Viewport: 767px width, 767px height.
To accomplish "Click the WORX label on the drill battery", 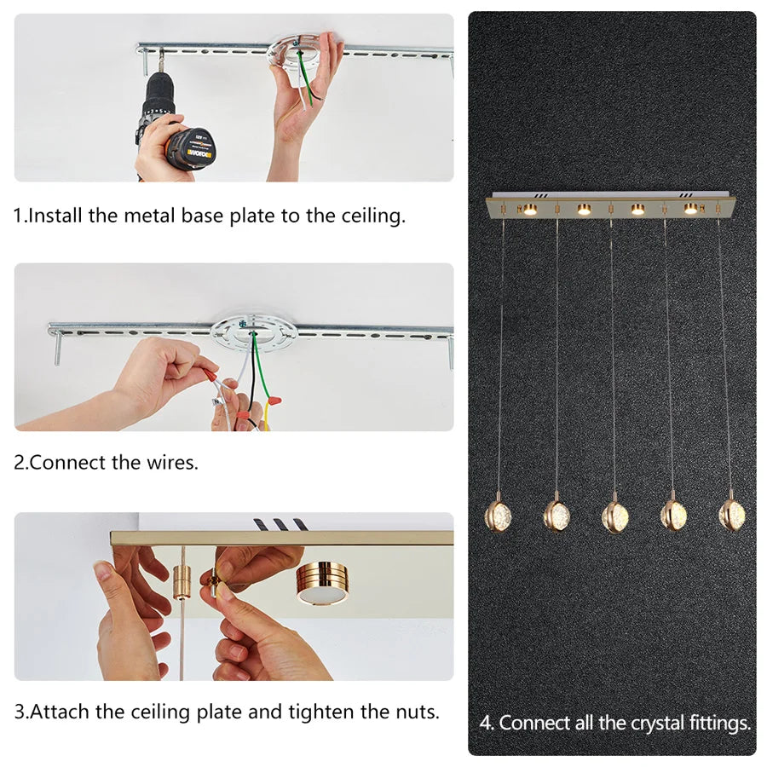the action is [200, 154].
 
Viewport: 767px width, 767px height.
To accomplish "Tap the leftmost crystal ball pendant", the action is [498, 514].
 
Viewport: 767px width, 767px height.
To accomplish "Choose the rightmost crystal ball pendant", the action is [732, 514].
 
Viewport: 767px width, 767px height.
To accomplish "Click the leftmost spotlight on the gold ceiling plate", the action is [529, 210].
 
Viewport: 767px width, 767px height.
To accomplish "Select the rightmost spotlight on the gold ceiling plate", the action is [690, 209].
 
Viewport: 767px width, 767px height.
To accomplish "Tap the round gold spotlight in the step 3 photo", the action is [323, 583].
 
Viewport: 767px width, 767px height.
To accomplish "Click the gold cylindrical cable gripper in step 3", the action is [182, 582].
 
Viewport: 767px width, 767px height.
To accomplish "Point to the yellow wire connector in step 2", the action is [274, 401].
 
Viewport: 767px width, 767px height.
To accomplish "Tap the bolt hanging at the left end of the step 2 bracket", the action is [58, 348].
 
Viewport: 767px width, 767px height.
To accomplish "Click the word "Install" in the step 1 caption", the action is [55, 216].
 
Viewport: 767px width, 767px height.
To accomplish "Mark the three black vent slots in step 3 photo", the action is [280, 525].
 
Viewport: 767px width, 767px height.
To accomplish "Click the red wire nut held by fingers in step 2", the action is [211, 378].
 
